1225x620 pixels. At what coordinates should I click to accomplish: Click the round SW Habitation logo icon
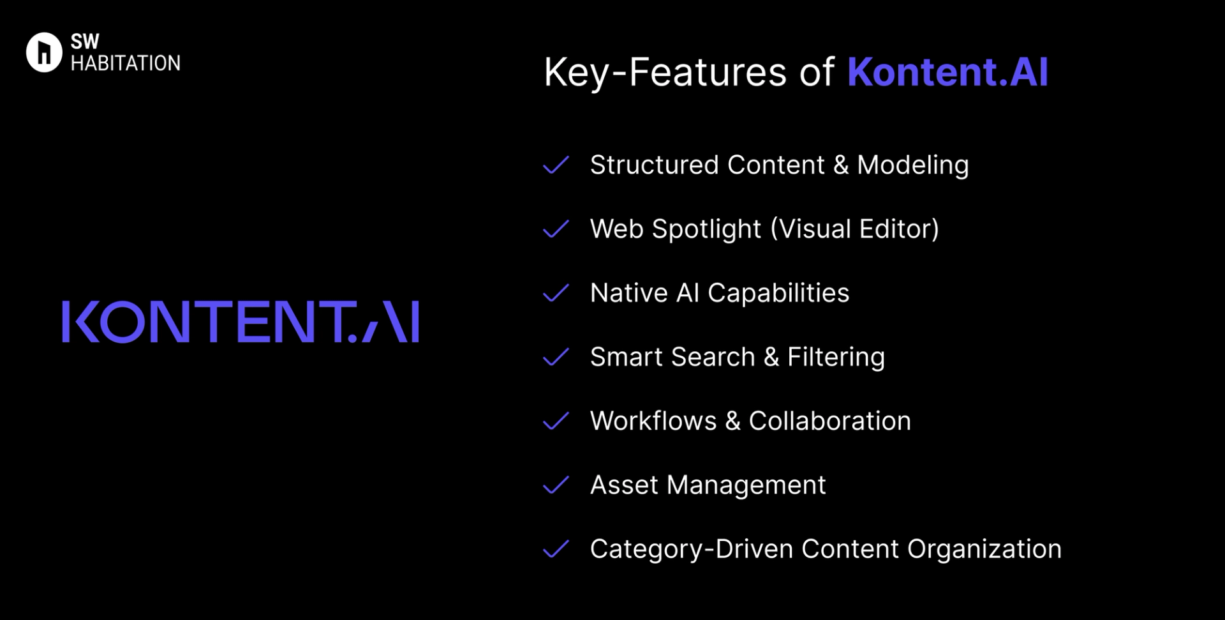coord(44,52)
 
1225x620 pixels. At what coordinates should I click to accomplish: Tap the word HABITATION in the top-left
coord(126,63)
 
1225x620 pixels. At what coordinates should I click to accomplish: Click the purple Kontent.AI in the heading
coord(947,72)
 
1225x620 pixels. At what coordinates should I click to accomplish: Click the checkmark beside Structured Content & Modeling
coord(556,165)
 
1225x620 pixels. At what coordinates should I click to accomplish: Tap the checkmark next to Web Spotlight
coord(556,229)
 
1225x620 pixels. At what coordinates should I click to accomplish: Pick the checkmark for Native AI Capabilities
coord(556,293)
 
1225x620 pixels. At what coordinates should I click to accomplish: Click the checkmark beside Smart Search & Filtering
coord(556,357)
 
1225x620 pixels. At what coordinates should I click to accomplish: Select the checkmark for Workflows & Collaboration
coord(556,421)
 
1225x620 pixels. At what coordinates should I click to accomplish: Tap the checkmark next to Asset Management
coord(556,485)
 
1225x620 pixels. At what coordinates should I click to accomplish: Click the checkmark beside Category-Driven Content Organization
coord(556,549)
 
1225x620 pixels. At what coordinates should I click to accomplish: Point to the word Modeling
coord(912,165)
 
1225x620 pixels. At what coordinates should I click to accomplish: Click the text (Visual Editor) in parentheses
coord(855,229)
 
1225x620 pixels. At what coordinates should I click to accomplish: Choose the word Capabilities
coord(778,293)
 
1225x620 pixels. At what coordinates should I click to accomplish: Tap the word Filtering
coord(836,357)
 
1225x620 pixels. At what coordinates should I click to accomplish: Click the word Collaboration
coord(829,421)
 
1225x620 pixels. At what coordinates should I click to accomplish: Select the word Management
coord(746,485)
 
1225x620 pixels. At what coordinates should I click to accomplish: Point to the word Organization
coord(984,549)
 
